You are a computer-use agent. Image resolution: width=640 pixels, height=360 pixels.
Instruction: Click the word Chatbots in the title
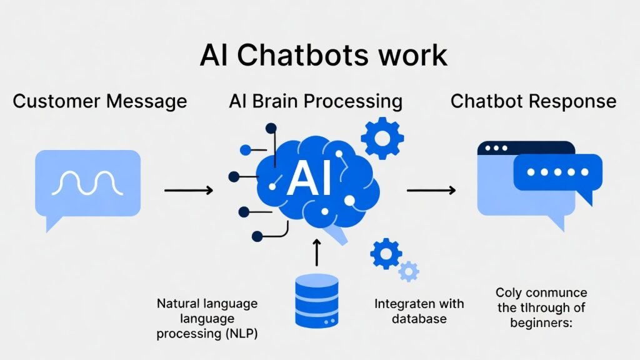[297, 55]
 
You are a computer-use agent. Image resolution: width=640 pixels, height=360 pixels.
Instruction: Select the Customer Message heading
[100, 101]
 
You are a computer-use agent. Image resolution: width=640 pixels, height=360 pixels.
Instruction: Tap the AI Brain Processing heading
[316, 101]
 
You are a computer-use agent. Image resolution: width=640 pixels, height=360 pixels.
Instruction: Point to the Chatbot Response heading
[533, 101]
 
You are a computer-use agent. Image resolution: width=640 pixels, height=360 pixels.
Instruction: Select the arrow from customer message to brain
[188, 189]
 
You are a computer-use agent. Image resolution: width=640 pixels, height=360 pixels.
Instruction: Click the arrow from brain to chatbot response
[431, 189]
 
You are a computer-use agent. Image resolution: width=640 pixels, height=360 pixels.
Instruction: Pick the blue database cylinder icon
[316, 301]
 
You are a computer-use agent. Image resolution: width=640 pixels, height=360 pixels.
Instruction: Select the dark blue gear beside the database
[386, 254]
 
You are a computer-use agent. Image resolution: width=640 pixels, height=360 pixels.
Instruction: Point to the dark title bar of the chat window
[525, 148]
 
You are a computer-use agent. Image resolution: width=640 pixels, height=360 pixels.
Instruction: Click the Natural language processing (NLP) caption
[207, 319]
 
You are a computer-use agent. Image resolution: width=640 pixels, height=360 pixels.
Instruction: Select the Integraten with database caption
[419, 311]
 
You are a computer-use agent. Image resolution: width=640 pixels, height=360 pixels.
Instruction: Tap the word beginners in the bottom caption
[542, 323]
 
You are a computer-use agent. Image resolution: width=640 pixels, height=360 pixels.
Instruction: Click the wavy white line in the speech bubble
[87, 182]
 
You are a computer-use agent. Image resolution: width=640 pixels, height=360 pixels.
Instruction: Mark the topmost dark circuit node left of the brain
[271, 129]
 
